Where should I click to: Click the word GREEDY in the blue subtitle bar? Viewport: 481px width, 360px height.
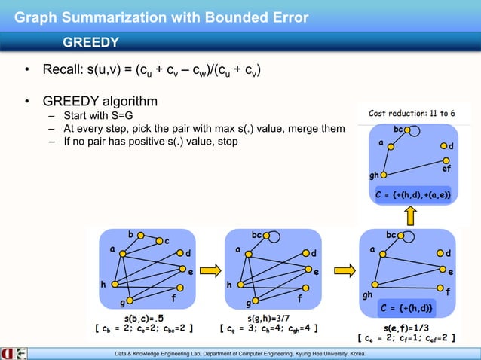pos(91,41)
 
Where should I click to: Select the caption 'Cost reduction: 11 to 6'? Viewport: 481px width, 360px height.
pos(417,113)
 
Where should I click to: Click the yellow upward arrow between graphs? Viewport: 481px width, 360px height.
pos(411,216)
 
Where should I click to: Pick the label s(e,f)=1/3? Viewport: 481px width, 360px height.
pos(407,328)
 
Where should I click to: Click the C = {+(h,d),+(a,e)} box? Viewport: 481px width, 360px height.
pos(412,195)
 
